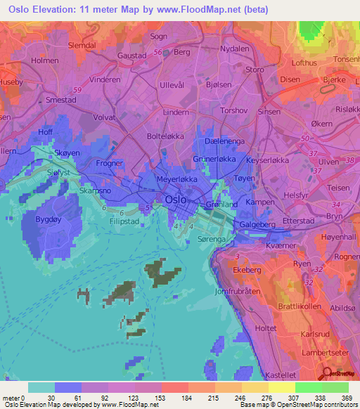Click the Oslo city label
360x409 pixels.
(176, 200)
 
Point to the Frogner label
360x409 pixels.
(109, 163)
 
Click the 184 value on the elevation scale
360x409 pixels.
(179, 398)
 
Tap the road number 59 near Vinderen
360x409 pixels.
(76, 90)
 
